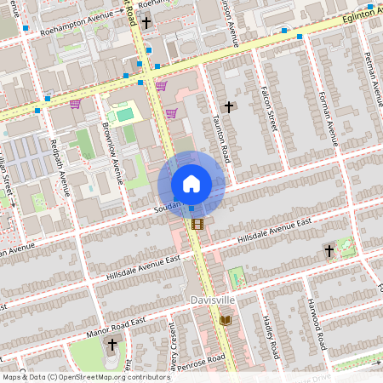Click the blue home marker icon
(x=191, y=184)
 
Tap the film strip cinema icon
(x=198, y=225)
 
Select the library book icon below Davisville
(x=226, y=320)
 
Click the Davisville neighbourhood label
(x=212, y=301)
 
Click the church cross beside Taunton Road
(x=228, y=107)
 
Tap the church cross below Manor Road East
(x=111, y=344)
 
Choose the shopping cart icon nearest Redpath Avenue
(x=75, y=104)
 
